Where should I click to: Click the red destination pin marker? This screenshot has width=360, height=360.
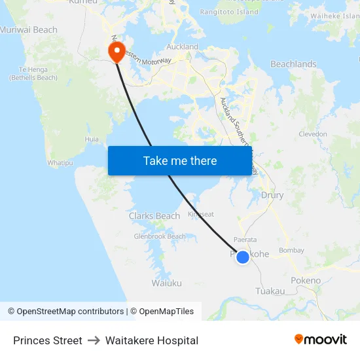tap(117, 52)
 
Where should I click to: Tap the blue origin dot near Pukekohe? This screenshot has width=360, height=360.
tap(242, 257)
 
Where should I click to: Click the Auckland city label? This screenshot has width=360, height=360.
tap(183, 47)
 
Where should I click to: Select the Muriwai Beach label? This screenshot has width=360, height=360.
tap(29, 30)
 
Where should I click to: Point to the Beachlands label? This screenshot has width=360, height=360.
tap(293, 65)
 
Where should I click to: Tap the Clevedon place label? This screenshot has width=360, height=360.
tap(312, 134)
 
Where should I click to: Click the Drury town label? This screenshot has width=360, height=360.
tap(272, 195)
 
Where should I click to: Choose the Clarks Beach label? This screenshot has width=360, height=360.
tap(154, 216)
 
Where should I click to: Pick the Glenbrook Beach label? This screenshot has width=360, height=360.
tap(160, 236)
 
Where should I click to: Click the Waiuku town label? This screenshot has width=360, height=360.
tap(166, 283)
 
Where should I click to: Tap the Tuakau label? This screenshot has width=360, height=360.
tap(270, 291)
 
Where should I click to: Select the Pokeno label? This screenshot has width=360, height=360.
tap(306, 281)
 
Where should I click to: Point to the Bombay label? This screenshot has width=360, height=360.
tap(291, 251)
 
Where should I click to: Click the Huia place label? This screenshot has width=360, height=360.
tap(92, 139)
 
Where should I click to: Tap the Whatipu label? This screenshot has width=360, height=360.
tap(60, 162)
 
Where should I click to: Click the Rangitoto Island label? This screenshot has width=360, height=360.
tap(229, 12)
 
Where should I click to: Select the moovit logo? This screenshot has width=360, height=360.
tap(320, 340)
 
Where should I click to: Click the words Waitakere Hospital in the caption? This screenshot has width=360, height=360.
tap(152, 340)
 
